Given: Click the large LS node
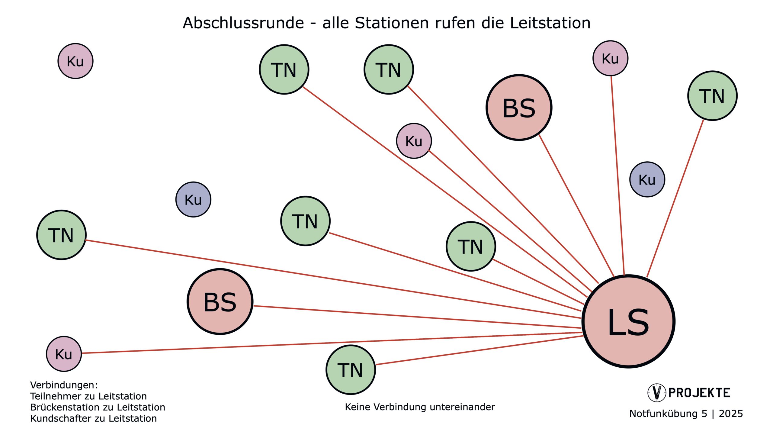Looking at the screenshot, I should click(x=628, y=321).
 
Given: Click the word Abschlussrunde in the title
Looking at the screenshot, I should click(x=243, y=23).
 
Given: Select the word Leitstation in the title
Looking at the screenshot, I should click(x=550, y=23).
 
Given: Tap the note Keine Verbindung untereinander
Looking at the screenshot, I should click(x=420, y=407).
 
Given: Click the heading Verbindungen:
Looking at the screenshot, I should click(x=64, y=385).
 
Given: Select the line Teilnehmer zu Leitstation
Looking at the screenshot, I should click(x=88, y=396).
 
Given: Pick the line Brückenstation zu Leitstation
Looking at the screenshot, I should click(x=98, y=407).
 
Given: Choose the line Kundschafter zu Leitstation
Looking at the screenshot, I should click(x=93, y=418).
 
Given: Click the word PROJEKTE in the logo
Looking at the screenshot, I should click(x=699, y=393).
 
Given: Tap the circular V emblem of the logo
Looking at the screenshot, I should click(x=656, y=393).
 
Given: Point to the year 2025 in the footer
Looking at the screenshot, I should click(x=731, y=414).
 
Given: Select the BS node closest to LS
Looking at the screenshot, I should click(x=519, y=108).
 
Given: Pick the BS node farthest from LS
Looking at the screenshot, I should click(x=220, y=301).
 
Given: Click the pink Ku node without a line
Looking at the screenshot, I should click(x=75, y=61).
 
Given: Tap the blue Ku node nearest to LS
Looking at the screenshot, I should click(x=647, y=179).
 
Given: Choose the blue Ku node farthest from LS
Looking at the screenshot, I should click(x=193, y=199).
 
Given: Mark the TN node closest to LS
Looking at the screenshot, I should click(x=471, y=246).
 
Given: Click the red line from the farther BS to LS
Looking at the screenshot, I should click(x=417, y=317).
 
